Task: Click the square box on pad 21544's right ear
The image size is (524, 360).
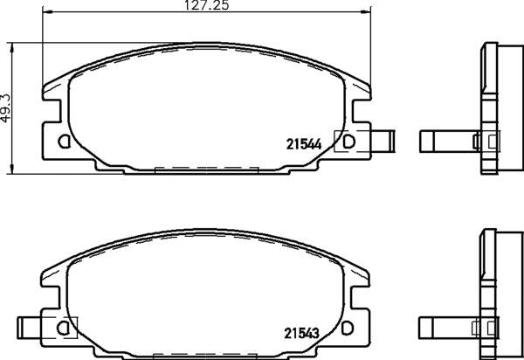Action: pos(346,141)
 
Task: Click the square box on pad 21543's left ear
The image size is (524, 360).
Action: pos(66,327)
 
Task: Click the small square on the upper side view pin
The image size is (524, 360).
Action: pos(477,140)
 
